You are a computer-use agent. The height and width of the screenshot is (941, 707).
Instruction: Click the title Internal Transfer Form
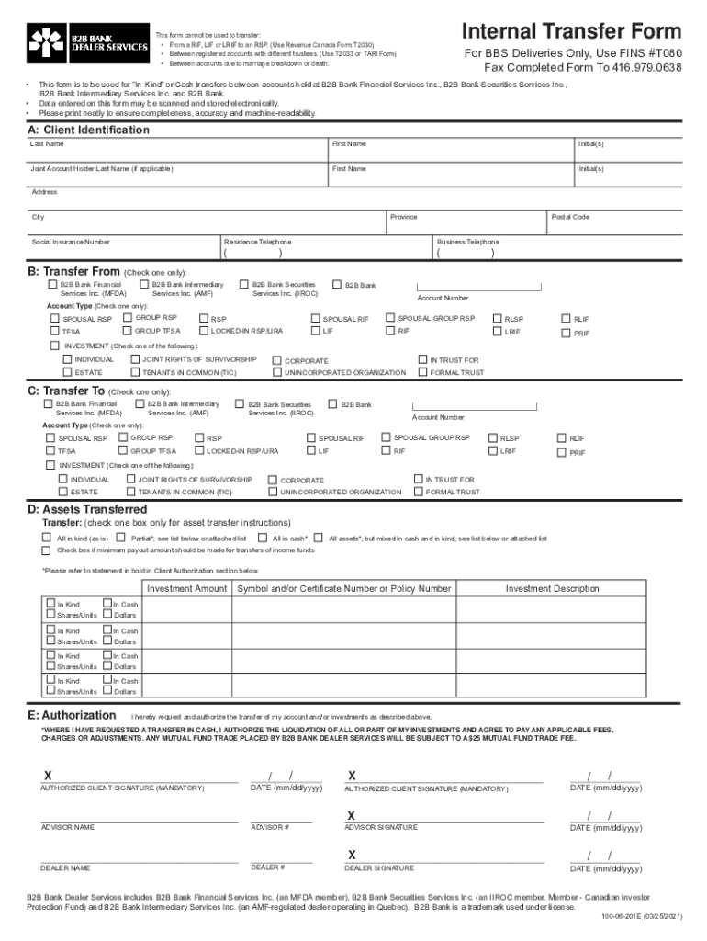[571, 31]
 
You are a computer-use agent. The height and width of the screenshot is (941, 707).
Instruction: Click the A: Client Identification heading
[89, 130]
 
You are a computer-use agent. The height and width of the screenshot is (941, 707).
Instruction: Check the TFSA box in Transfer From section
[55, 331]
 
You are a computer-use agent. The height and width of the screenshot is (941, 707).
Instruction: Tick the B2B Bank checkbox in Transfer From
[338, 286]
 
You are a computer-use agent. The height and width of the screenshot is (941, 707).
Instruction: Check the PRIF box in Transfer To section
[562, 452]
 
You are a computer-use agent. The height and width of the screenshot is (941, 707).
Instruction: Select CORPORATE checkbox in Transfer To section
[273, 480]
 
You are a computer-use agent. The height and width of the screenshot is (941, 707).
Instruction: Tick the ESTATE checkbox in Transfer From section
[67, 372]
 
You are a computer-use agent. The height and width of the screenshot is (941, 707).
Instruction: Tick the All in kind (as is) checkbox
[46, 538]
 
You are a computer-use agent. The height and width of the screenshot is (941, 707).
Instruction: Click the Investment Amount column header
[186, 588]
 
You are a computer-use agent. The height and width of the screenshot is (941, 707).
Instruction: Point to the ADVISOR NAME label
[67, 827]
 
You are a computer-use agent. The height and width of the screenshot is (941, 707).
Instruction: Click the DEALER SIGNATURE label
[379, 867]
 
